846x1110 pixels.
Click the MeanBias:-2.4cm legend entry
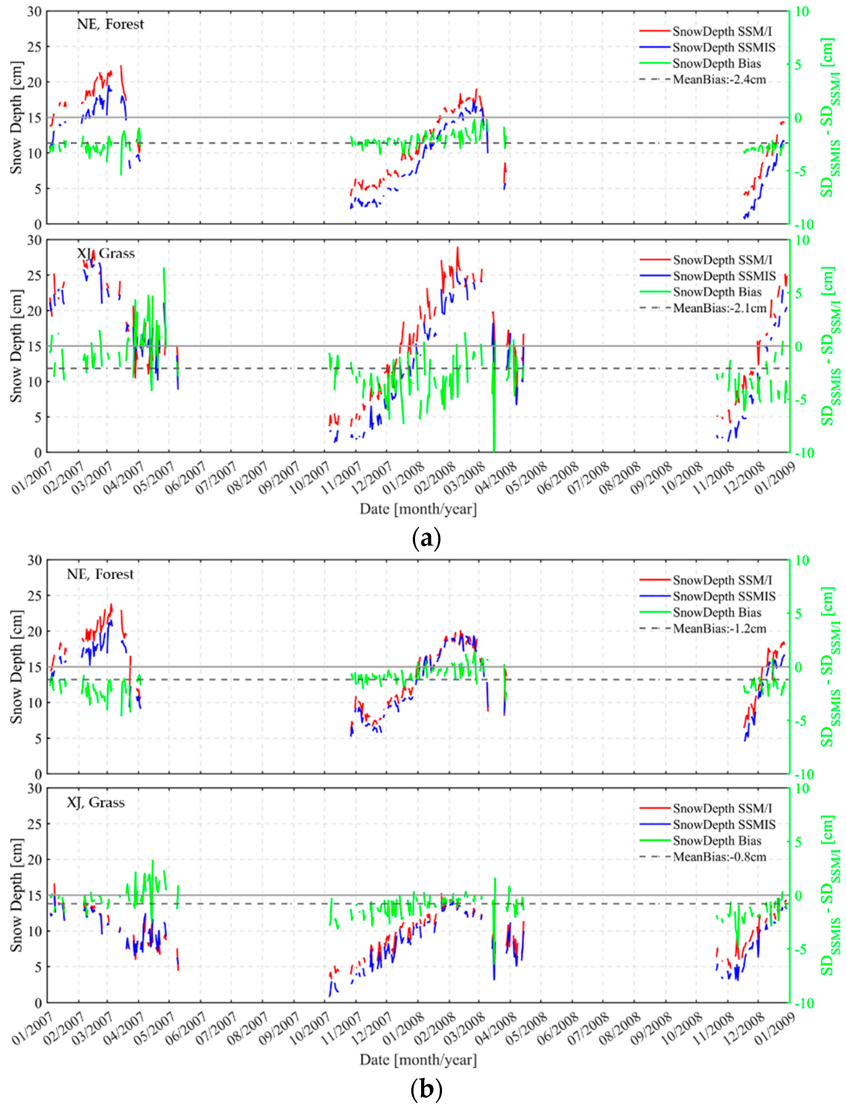tap(719, 80)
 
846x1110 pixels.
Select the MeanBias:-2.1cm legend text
tap(719, 308)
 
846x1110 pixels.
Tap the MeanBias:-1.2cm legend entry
tap(719, 629)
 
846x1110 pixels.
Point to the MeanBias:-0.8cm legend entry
tap(719, 857)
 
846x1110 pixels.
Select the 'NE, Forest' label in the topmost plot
tap(110, 24)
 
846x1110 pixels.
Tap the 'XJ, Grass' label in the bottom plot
tap(96, 803)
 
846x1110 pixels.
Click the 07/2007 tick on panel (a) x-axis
tap(217, 477)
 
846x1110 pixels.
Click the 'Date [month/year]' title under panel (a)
tap(418, 509)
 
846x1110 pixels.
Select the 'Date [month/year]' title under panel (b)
tap(418, 1060)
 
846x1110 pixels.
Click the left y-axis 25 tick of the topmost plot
tap(34, 46)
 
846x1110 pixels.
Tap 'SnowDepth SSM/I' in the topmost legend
tap(722, 31)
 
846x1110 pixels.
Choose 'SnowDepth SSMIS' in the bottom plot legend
tap(724, 825)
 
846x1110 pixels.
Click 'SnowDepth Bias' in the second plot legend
tap(717, 292)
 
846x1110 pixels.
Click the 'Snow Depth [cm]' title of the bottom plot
tap(16, 896)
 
